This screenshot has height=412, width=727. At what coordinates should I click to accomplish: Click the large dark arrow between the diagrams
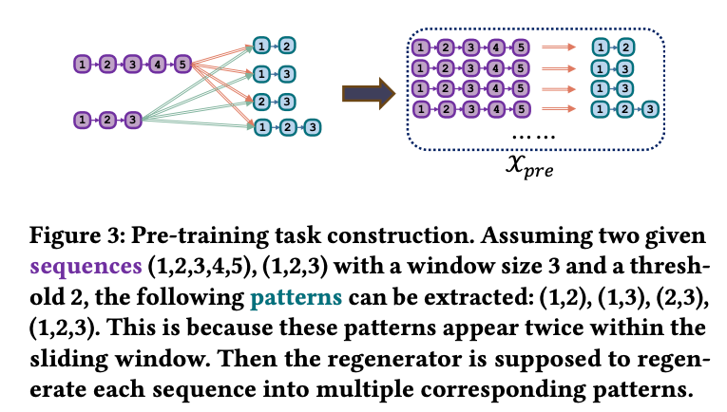[366, 92]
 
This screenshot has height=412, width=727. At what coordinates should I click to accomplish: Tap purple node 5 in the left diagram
[182, 65]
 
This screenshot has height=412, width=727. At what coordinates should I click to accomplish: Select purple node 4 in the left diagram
[157, 65]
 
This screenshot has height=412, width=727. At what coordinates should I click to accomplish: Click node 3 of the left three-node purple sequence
[132, 120]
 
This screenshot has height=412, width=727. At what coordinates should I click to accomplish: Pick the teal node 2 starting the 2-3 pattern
[262, 100]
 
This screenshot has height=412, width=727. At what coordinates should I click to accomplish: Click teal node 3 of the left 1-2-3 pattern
[311, 125]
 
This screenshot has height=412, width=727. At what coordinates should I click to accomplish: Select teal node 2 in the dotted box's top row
[626, 46]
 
